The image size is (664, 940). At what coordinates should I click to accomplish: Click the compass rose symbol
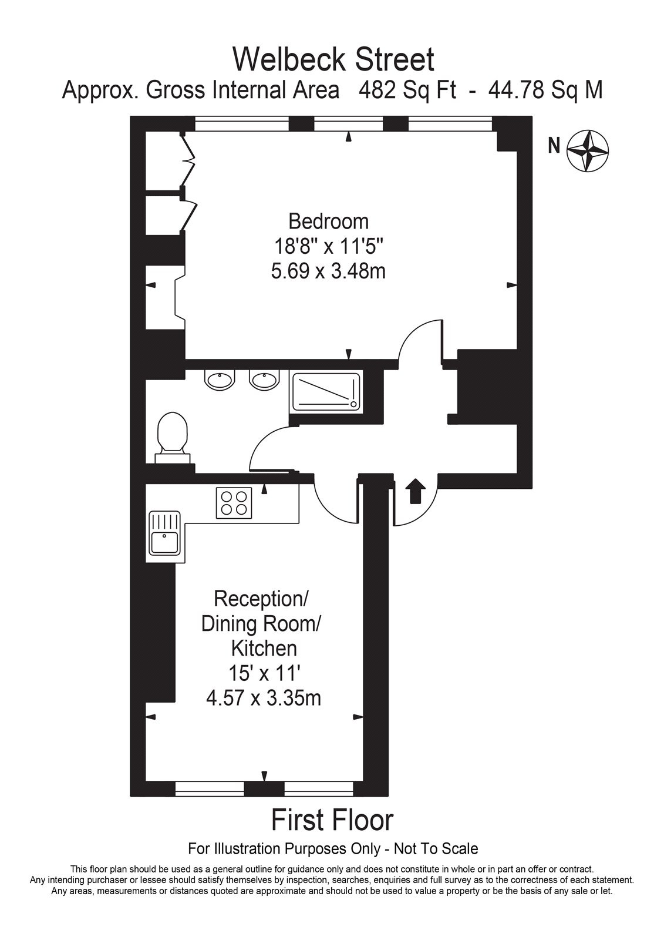587,151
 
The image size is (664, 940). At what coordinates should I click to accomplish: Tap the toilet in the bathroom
172,438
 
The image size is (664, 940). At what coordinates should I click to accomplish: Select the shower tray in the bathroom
325,391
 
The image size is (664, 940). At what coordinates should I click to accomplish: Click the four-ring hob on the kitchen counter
234,503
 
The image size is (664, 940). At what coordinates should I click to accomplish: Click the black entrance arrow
415,491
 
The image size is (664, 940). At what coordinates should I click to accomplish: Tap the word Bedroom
328,221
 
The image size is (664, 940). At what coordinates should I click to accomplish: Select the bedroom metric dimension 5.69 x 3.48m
328,271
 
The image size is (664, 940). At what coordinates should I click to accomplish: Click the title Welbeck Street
333,59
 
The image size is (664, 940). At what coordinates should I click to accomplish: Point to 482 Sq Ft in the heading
407,90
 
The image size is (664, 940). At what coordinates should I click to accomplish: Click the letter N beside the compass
554,145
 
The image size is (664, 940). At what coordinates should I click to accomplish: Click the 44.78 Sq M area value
545,90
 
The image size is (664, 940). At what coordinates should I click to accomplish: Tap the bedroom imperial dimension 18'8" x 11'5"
328,247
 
